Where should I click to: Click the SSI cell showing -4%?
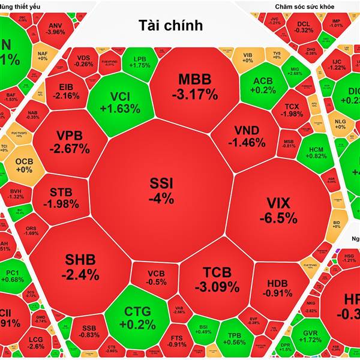(x=162, y=191)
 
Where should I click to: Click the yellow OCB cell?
(x=24, y=165)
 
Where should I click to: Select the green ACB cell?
(x=264, y=86)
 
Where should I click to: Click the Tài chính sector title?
(x=170, y=26)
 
